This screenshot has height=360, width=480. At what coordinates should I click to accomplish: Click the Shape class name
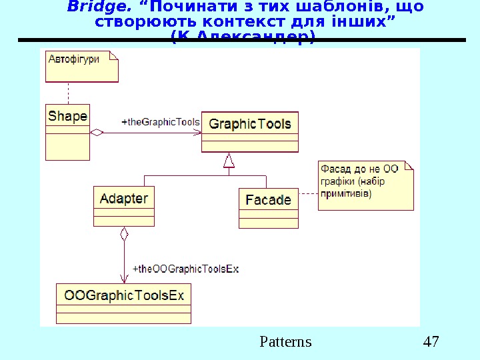[67, 116]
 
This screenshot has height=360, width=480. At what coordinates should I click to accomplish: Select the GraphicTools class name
[250, 123]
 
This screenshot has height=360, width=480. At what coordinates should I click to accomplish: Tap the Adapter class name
[123, 198]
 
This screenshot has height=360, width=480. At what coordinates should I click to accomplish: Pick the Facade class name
[268, 199]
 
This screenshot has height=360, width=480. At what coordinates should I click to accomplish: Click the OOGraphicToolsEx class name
[123, 295]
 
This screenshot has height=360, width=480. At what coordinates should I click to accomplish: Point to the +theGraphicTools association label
[161, 122]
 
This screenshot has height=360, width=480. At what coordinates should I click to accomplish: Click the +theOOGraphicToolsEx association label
[186, 269]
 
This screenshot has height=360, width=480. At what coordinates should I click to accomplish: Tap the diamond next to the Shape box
[97, 133]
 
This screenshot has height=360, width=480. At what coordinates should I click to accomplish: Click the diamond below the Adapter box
[124, 234]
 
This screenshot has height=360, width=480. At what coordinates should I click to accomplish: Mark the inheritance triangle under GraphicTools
[229, 161]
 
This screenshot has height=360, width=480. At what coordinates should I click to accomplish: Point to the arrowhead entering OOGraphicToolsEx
[124, 279]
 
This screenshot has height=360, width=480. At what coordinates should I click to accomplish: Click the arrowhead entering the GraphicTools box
[197, 133]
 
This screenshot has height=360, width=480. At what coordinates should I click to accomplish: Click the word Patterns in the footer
[285, 342]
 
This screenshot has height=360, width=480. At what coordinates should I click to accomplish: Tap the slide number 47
[431, 342]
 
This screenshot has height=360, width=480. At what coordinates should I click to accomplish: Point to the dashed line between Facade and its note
[308, 193]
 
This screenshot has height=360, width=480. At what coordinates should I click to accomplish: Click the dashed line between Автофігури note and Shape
[67, 92]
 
